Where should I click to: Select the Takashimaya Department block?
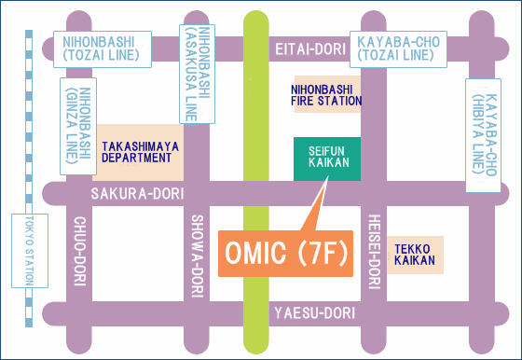140,152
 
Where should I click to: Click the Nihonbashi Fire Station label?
326,93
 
